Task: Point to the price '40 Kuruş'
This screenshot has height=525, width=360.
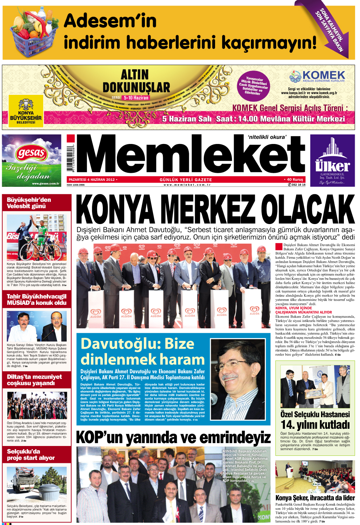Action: [295, 179]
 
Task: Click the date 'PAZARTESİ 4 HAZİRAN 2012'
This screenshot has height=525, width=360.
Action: [92, 179]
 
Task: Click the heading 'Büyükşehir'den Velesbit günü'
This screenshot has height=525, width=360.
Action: [29, 203]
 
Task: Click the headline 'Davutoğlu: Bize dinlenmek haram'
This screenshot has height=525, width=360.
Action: [142, 352]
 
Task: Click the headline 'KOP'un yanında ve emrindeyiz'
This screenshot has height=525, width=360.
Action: [173, 438]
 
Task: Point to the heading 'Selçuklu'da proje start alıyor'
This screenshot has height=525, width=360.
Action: [31, 454]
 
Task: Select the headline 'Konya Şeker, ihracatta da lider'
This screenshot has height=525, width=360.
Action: [315, 498]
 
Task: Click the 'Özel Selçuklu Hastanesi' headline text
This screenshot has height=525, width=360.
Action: [315, 414]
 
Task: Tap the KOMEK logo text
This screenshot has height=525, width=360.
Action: [323, 75]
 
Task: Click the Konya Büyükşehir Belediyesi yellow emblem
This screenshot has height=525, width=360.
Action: [26, 110]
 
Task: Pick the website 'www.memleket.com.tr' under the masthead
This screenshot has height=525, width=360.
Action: [187, 185]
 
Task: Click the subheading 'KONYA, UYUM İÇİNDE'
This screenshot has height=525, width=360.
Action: [293, 308]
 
